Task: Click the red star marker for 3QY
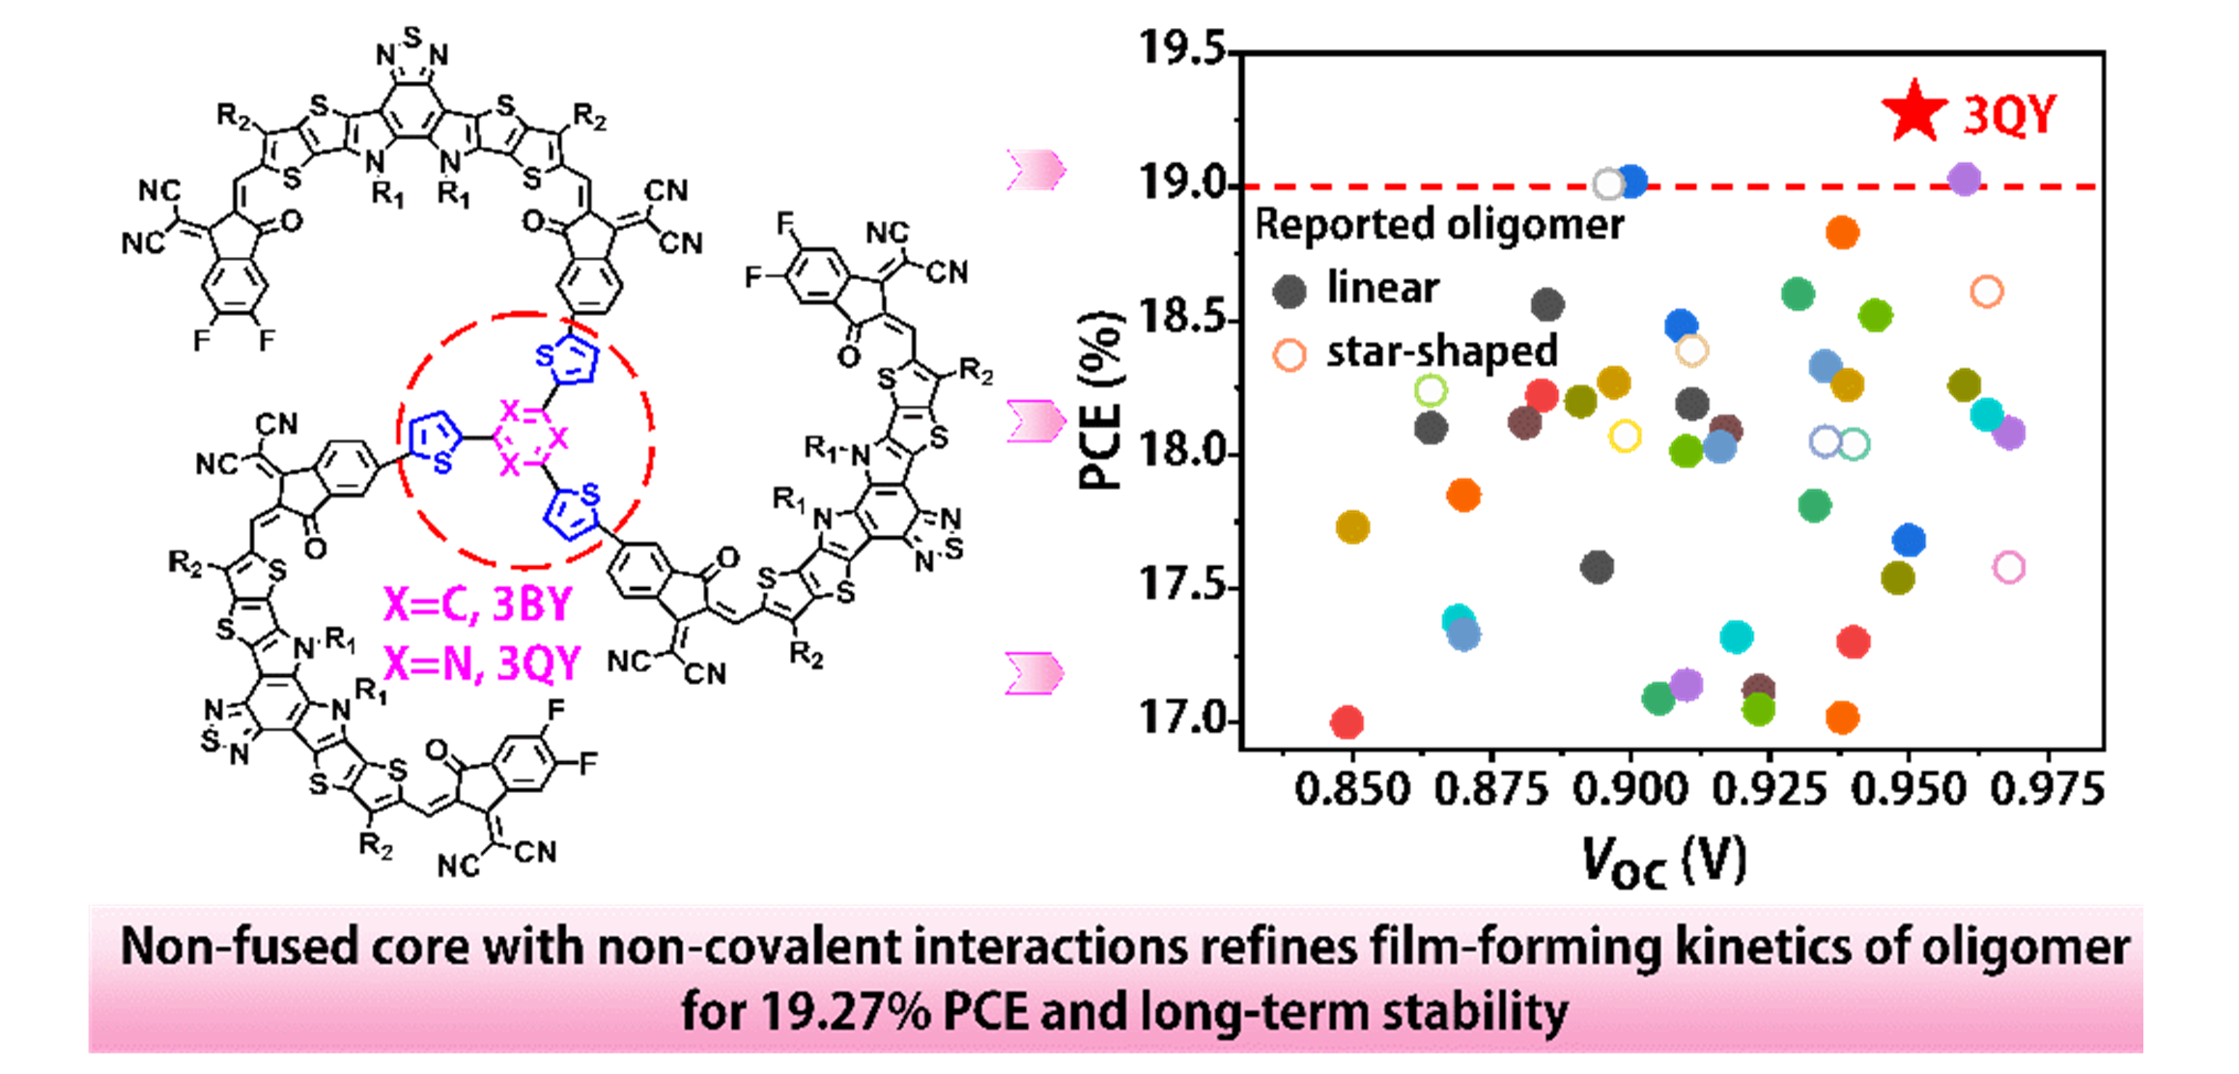click(x=1914, y=112)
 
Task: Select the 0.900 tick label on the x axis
click(x=1630, y=790)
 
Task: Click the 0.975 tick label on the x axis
click(x=2048, y=790)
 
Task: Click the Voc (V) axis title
click(x=1663, y=861)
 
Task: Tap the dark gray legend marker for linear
click(x=1290, y=290)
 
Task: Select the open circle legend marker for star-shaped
click(x=1290, y=354)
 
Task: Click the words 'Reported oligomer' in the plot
click(x=1439, y=225)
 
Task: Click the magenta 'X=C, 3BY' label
click(x=478, y=605)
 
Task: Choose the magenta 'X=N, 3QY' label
click(x=482, y=664)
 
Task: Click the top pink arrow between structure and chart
click(x=1035, y=170)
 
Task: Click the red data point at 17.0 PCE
click(x=1346, y=721)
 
